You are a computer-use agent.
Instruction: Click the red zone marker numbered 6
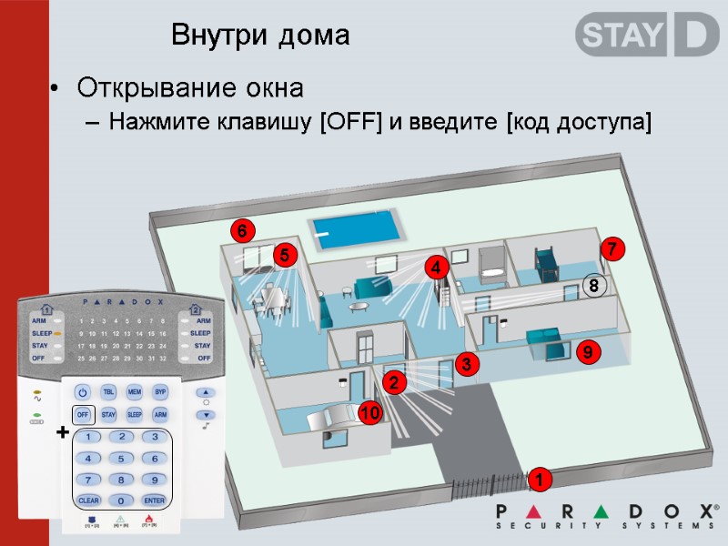(242, 231)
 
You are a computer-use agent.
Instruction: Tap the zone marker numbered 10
(369, 414)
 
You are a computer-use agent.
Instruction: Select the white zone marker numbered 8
(593, 286)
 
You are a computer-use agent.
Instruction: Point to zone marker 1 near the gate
(539, 479)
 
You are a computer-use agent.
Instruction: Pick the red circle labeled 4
(436, 268)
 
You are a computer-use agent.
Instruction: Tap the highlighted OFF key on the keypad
(83, 414)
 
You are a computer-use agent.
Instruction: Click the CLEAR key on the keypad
(88, 500)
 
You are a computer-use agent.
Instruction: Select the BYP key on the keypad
(160, 392)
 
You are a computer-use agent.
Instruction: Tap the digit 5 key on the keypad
(121, 458)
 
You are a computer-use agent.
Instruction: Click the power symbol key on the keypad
(83, 392)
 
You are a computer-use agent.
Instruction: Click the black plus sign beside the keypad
(62, 434)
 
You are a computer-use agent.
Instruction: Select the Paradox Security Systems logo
(605, 516)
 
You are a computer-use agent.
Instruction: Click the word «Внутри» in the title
(211, 36)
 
